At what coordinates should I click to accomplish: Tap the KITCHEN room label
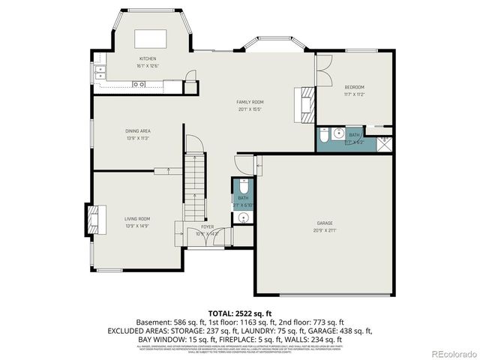tap(147, 58)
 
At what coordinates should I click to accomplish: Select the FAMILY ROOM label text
tap(250, 102)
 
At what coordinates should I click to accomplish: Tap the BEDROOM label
tap(354, 87)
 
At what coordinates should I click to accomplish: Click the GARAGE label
tap(325, 223)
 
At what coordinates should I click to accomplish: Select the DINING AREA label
tap(138, 131)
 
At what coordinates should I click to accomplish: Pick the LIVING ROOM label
tap(137, 219)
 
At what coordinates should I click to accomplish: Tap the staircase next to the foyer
tap(195, 184)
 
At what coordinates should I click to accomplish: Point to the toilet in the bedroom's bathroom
tap(322, 136)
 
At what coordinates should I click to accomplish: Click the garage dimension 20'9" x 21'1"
tap(325, 230)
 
